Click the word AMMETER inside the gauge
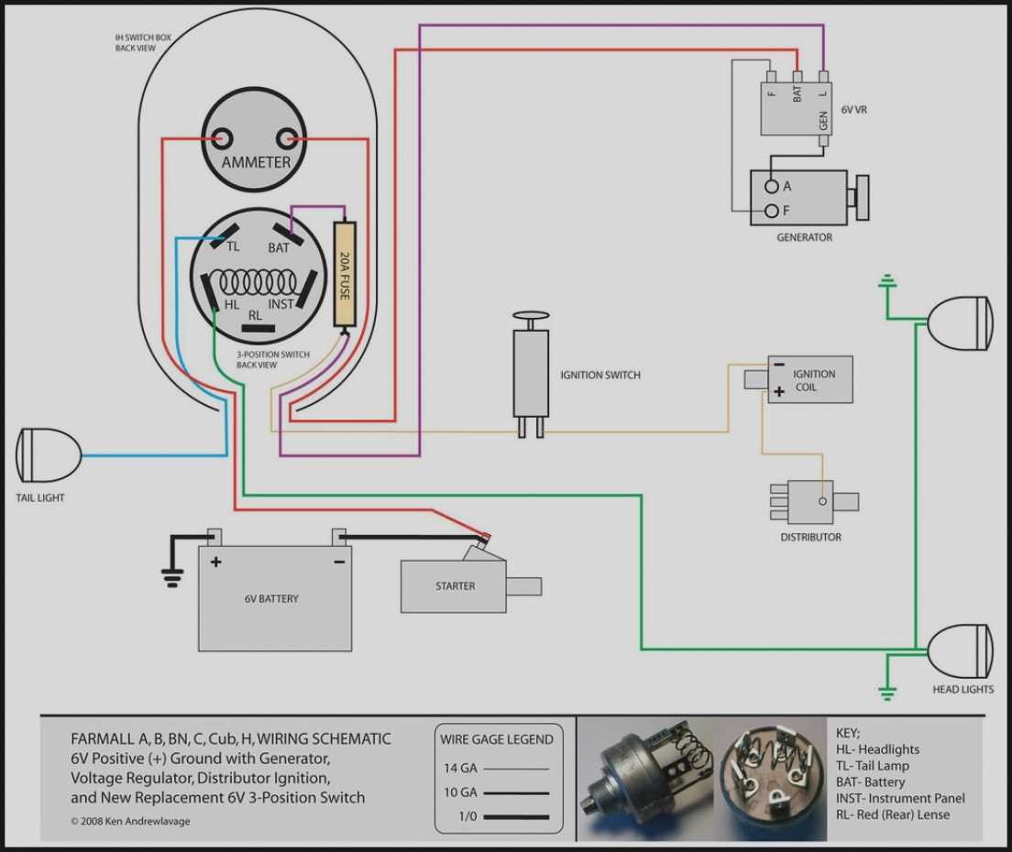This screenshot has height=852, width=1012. click(256, 163)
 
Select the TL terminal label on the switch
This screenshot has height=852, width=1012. click(233, 246)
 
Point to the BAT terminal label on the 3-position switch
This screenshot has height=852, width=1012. click(279, 247)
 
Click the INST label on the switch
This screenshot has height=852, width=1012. click(280, 303)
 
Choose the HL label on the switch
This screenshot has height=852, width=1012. click(233, 303)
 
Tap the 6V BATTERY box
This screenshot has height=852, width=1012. click(274, 597)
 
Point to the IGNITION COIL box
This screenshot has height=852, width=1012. click(810, 379)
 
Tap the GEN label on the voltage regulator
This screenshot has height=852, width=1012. click(823, 120)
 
